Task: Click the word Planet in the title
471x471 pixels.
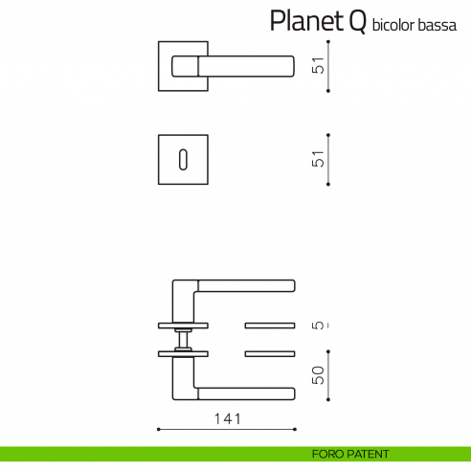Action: [x=300, y=21]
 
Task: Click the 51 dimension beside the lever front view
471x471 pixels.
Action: [x=320, y=66]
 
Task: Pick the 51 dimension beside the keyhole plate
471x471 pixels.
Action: [x=320, y=158]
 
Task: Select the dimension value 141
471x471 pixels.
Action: [x=226, y=418]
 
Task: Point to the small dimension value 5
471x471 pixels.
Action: [x=320, y=325]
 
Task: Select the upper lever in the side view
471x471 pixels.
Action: [x=239, y=286]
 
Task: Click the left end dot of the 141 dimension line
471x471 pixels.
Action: [x=158, y=428]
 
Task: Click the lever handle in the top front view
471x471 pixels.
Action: [x=239, y=65]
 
